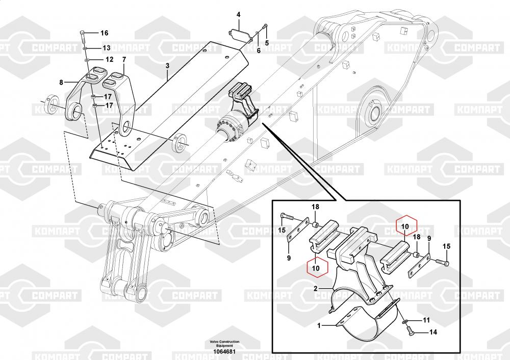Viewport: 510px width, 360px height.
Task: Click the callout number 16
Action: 104,33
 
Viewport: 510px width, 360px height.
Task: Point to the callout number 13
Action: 106,48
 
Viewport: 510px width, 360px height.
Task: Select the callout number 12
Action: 109,60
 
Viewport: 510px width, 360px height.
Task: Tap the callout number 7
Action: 123,66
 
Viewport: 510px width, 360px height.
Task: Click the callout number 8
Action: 61,82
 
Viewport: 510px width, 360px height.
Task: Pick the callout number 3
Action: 167,66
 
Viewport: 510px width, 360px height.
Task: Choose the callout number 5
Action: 266,42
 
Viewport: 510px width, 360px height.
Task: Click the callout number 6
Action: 258,51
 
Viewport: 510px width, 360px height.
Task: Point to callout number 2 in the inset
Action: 316,290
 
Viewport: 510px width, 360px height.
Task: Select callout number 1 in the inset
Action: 319,325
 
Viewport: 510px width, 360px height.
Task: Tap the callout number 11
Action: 426,320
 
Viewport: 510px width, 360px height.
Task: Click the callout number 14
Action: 432,332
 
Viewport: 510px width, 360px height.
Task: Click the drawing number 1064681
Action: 224,352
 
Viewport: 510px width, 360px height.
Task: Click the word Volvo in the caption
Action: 216,342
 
